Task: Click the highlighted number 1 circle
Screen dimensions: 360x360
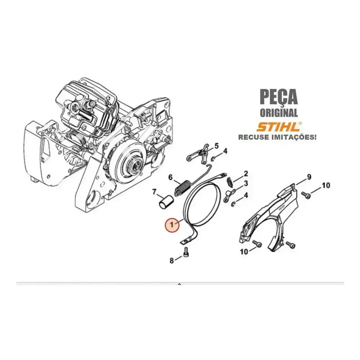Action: [x=172, y=225]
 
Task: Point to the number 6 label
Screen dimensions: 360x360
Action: [x=171, y=177]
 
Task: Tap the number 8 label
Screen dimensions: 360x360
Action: [x=172, y=261]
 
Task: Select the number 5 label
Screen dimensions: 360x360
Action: [x=216, y=146]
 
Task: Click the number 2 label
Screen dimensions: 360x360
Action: [x=246, y=174]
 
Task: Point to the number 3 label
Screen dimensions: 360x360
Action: [x=246, y=184]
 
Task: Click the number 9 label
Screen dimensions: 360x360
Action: [x=309, y=177]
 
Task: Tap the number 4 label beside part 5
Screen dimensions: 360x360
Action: [x=225, y=151]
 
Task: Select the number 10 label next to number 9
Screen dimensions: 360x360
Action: [x=326, y=185]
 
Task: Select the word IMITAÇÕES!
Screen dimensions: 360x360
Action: [x=293, y=137]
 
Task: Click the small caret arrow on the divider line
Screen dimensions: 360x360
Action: [x=180, y=284]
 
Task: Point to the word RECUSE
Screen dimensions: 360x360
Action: [x=253, y=137]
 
